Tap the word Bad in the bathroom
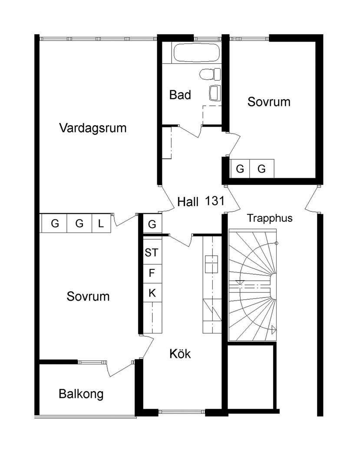pyautogui.click(x=180, y=95)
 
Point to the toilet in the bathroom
pyautogui.click(x=208, y=74)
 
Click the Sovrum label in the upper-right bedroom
pyautogui.click(x=269, y=102)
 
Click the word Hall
pyautogui.click(x=188, y=202)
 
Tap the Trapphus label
pyautogui.click(x=270, y=218)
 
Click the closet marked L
pyautogui.click(x=101, y=224)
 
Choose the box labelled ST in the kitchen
pyautogui.click(x=152, y=252)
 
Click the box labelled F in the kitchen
pyautogui.click(x=152, y=273)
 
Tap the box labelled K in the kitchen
pyautogui.click(x=152, y=293)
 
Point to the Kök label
pyautogui.click(x=180, y=354)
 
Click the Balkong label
pyautogui.click(x=81, y=394)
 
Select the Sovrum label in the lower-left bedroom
pyautogui.click(x=88, y=297)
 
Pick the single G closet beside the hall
pyautogui.click(x=152, y=224)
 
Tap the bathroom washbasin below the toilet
pyautogui.click(x=215, y=92)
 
